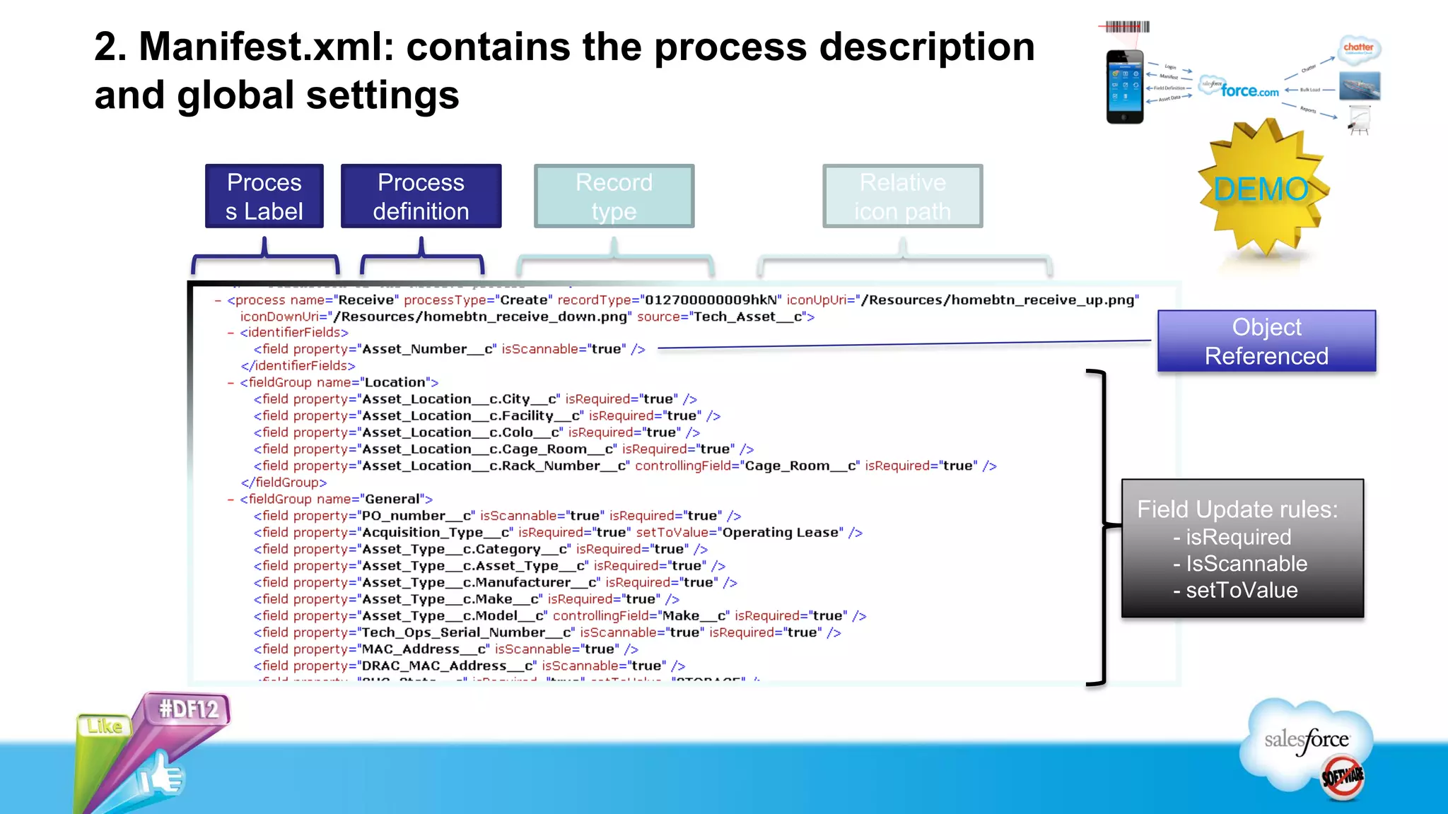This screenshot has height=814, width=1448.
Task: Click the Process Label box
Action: pyautogui.click(x=264, y=196)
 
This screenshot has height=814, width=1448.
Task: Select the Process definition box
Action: pyautogui.click(x=421, y=196)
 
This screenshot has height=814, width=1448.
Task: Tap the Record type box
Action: pyautogui.click(x=614, y=196)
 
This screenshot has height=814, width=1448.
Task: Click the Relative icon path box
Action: pyautogui.click(x=902, y=196)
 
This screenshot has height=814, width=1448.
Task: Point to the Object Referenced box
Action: pyautogui.click(x=1266, y=341)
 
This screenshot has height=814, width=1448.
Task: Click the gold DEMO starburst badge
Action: pyautogui.click(x=1262, y=189)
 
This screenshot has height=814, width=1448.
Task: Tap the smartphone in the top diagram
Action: pyautogui.click(x=1125, y=87)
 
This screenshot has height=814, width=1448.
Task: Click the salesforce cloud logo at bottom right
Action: pyautogui.click(x=1307, y=742)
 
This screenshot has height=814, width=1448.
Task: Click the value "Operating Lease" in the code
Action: pyautogui.click(x=782, y=533)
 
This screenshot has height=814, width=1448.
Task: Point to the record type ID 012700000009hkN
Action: pyautogui.click(x=711, y=300)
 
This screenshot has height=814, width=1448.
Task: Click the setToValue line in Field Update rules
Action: pyautogui.click(x=1241, y=590)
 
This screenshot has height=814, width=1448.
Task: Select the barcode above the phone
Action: pyautogui.click(x=1127, y=27)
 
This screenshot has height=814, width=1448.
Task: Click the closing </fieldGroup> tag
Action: pyautogui.click(x=284, y=483)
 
